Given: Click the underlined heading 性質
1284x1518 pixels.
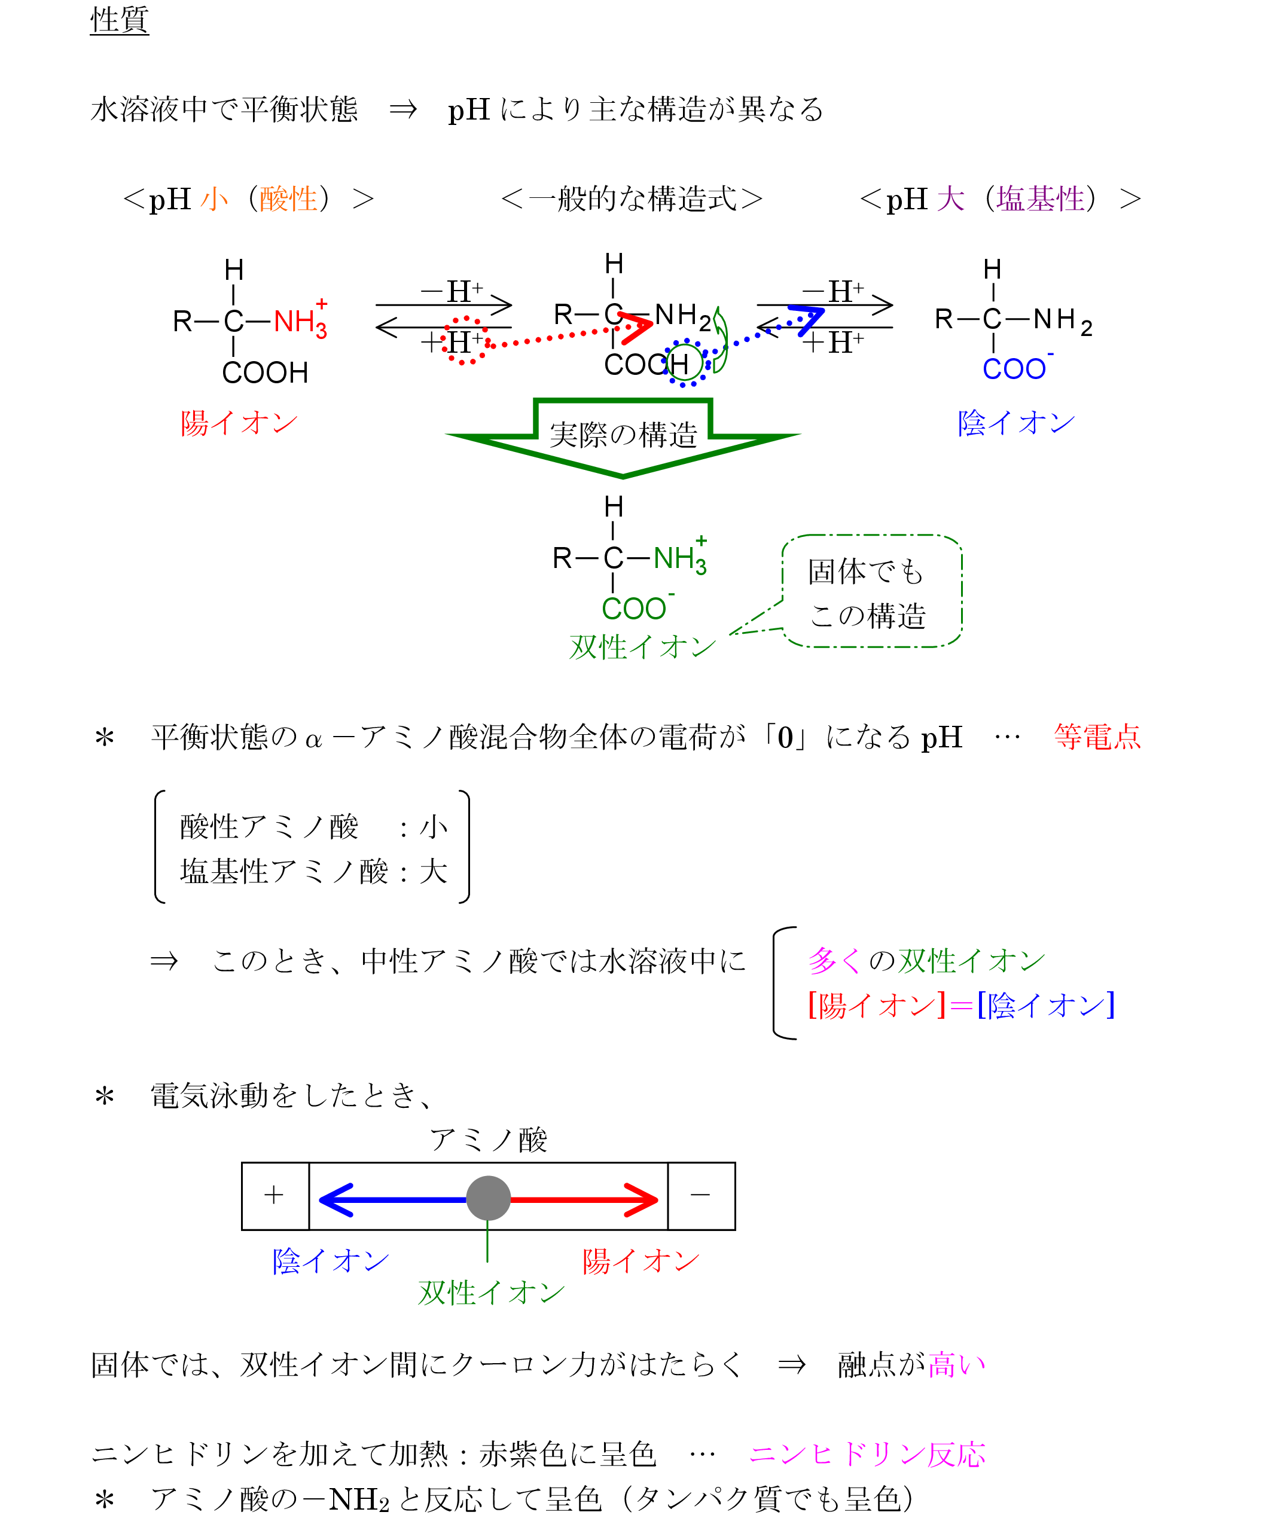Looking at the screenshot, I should click(x=120, y=20).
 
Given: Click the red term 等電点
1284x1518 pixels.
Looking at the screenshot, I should click(x=1096, y=737).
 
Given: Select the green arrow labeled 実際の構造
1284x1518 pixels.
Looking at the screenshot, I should click(x=623, y=436).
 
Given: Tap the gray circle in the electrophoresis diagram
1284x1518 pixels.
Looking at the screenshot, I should click(x=487, y=1197).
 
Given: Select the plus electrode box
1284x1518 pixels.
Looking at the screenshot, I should click(x=275, y=1196).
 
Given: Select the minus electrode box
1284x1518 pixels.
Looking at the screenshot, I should click(x=700, y=1196).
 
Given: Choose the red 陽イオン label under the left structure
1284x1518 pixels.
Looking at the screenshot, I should click(x=239, y=423).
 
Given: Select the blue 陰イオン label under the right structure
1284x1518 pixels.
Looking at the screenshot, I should click(x=1016, y=423).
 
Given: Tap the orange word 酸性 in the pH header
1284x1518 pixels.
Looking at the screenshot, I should click(x=288, y=198).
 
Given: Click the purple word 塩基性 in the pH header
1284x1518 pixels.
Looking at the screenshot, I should click(x=1040, y=198).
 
